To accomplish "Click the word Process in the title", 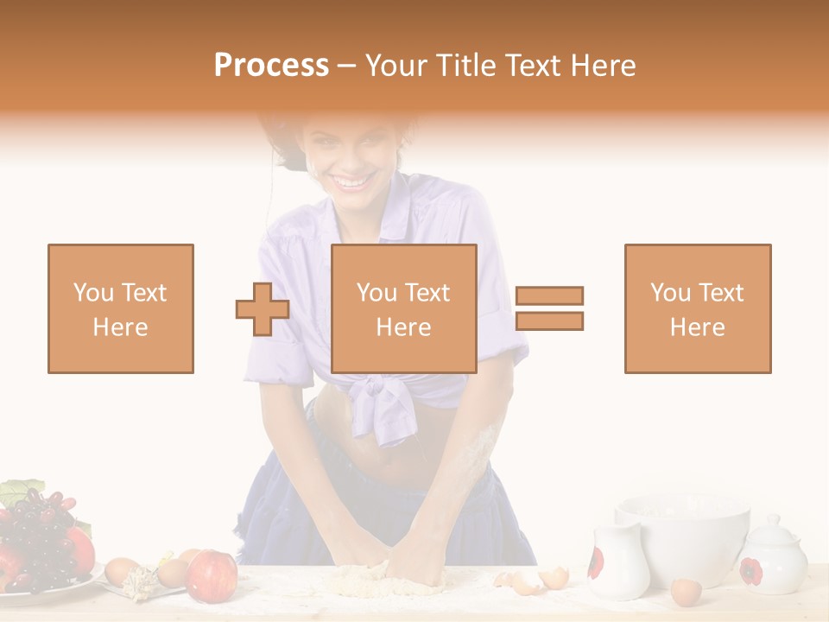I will coord(271,66).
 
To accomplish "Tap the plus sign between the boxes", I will coord(263,309).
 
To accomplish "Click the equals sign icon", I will coord(549,308).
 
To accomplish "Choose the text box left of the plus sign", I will coord(121,308).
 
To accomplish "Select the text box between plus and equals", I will coord(403,308).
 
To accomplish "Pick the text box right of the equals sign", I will coord(697,308).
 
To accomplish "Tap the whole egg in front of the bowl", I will coord(686,592).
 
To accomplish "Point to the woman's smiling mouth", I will coord(351,182).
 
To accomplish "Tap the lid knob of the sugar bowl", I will coord(772,520).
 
